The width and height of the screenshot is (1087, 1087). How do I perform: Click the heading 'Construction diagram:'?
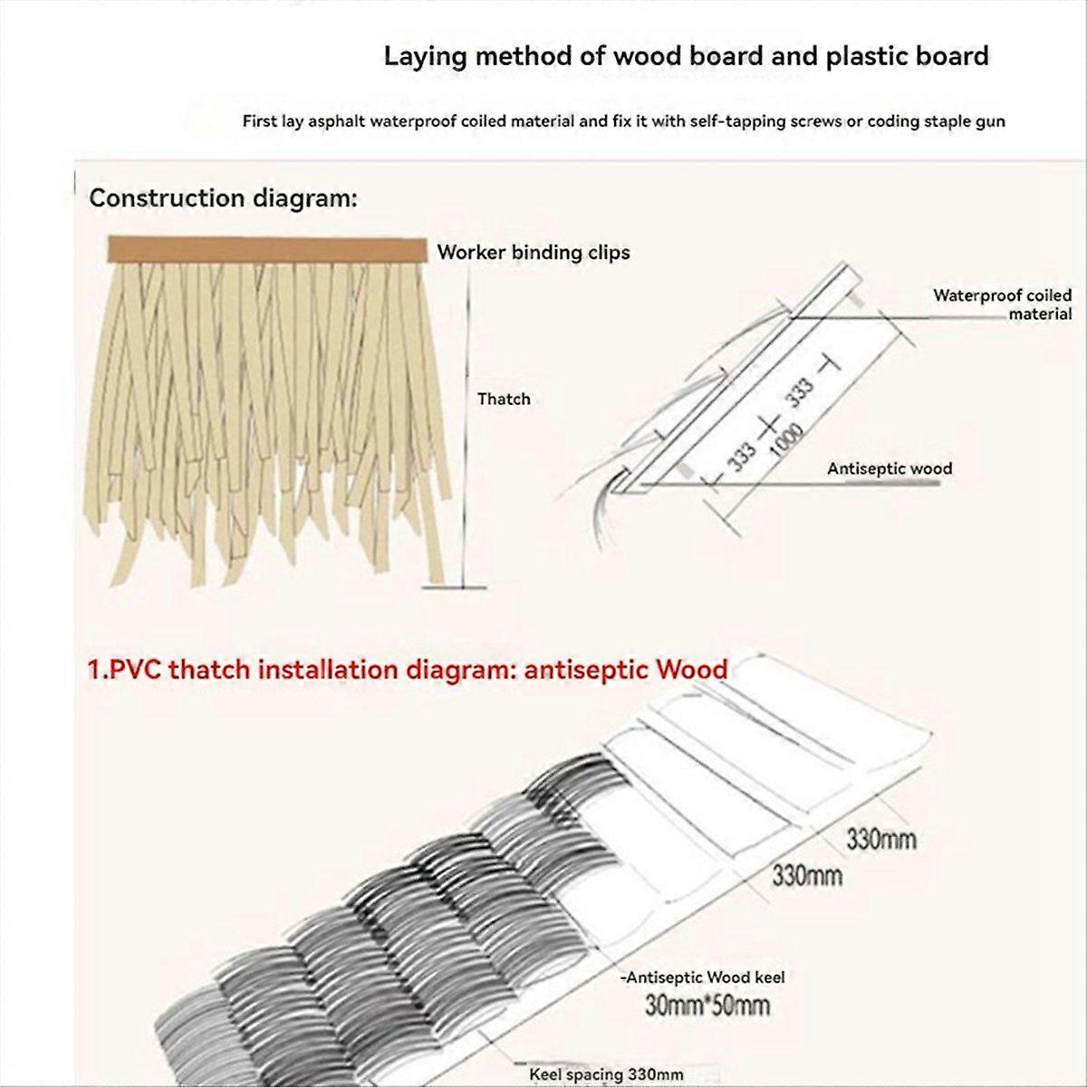coord(223,198)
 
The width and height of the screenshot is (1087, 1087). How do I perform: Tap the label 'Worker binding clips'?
coord(534,252)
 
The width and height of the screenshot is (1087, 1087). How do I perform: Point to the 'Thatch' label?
coord(504,399)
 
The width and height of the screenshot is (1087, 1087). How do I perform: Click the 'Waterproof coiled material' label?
coord(1002,304)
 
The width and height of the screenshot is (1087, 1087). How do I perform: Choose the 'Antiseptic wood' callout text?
coord(890,468)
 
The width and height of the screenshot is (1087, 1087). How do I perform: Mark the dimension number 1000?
coord(781,442)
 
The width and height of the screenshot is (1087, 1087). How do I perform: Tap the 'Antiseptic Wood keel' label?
coord(703,976)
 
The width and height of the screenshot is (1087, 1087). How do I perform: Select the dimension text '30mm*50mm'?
coord(707,1005)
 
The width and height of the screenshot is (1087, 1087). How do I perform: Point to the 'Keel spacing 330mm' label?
coord(606,1074)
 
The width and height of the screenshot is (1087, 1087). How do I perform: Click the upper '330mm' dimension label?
coord(880,839)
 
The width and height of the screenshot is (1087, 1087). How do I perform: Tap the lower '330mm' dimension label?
coord(806,875)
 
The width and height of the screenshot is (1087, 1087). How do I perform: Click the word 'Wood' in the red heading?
coord(692,669)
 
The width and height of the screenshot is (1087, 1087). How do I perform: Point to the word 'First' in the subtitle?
coord(261,120)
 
